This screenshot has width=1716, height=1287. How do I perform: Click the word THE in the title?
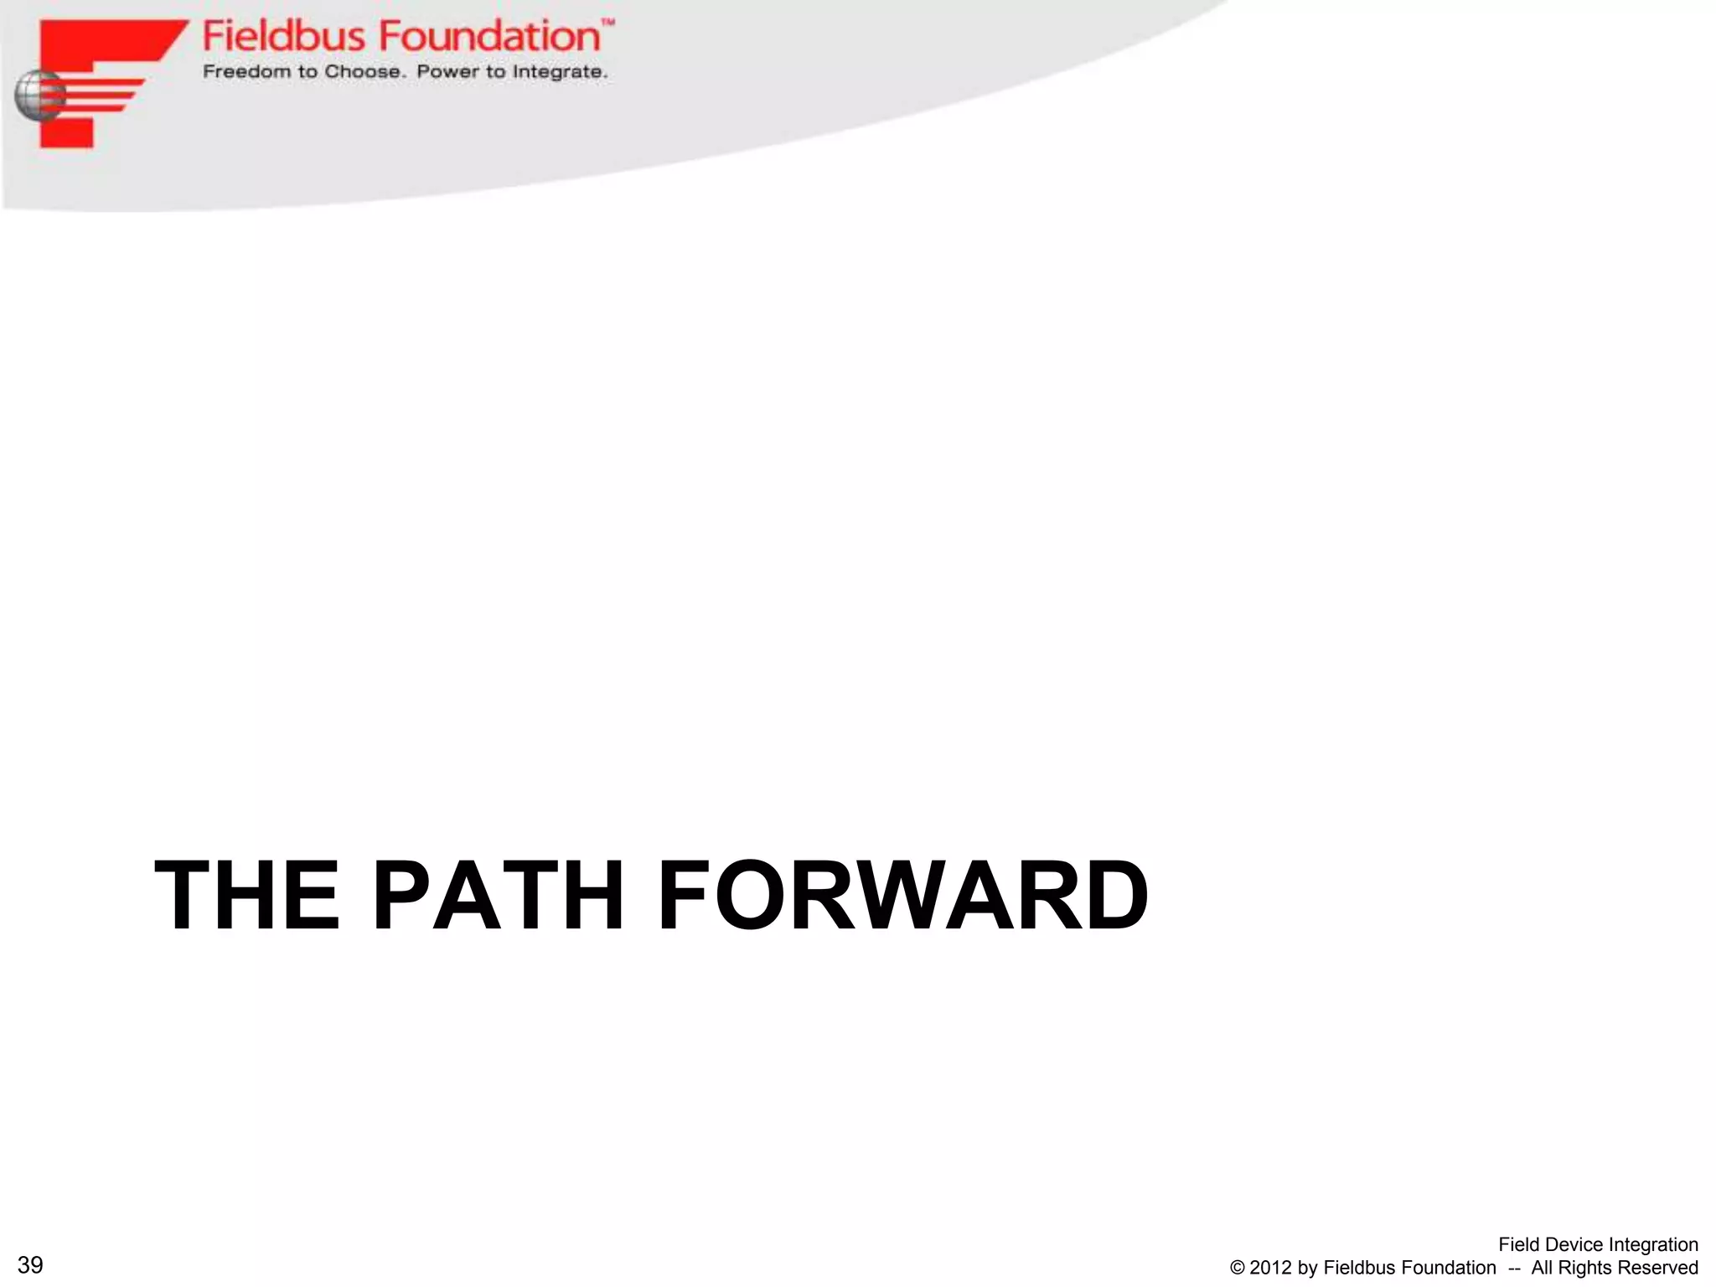[x=247, y=896]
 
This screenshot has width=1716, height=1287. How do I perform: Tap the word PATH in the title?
[x=498, y=896]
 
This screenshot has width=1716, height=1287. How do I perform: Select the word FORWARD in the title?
[x=902, y=896]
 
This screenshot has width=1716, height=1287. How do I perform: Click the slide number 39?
[x=30, y=1265]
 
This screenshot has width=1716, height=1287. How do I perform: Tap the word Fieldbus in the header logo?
[x=284, y=37]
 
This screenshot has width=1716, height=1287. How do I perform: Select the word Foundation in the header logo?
[x=489, y=37]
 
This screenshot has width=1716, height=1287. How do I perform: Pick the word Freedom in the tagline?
[x=248, y=72]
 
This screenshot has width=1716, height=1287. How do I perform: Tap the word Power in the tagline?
[x=447, y=72]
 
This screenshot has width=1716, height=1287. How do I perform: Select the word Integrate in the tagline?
[x=560, y=72]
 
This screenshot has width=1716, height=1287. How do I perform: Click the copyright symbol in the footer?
[x=1238, y=1269]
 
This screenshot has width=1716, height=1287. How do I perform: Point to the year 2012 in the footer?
[x=1271, y=1269]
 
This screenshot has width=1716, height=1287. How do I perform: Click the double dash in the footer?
[x=1514, y=1269]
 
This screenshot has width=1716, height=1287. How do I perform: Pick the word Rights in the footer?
[x=1587, y=1269]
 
